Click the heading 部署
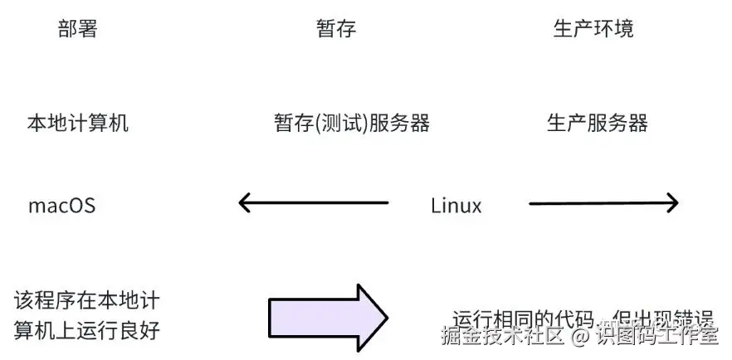pyautogui.click(x=78, y=29)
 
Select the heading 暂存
pyautogui.click(x=336, y=29)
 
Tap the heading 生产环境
pyautogui.click(x=593, y=29)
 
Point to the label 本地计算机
pyautogui.click(x=78, y=124)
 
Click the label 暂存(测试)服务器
pyautogui.click(x=352, y=124)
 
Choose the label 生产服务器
pyautogui.click(x=597, y=124)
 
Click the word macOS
pyautogui.click(x=61, y=206)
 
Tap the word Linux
pyautogui.click(x=456, y=206)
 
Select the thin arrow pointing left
pyautogui.click(x=314, y=202)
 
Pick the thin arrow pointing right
pyautogui.click(x=603, y=202)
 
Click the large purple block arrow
pyautogui.click(x=327, y=318)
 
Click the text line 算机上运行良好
pyautogui.click(x=86, y=329)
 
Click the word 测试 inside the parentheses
pyautogui.click(x=340, y=124)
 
